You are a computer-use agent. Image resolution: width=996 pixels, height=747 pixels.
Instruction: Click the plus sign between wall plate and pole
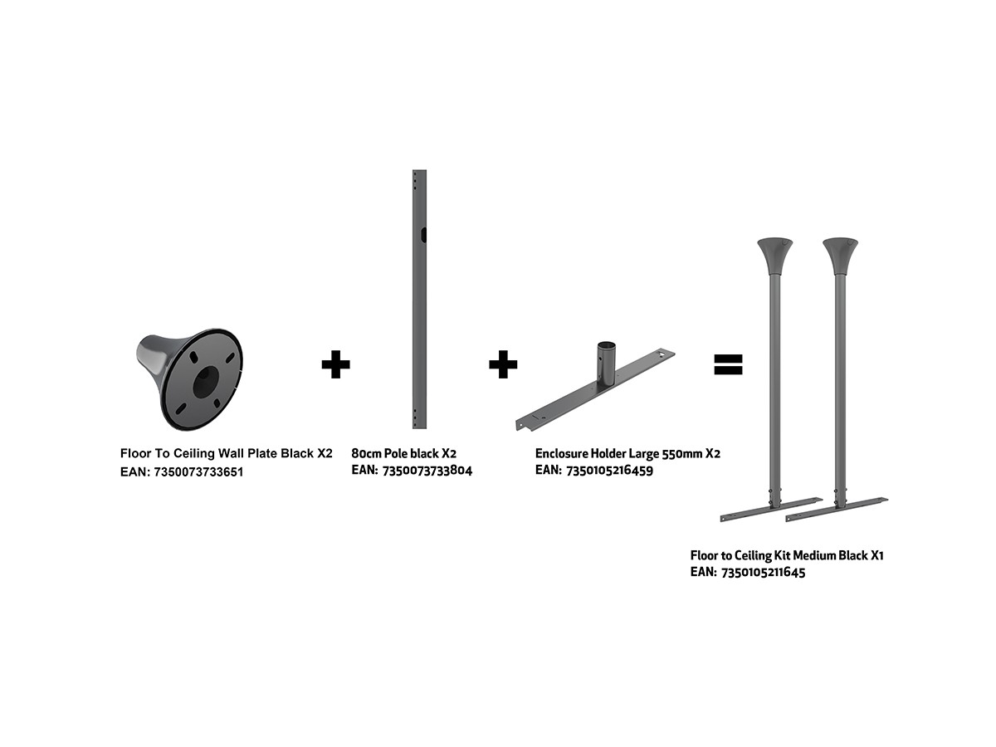tap(335, 364)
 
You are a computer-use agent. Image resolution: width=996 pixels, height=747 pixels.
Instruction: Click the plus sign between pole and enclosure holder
tap(503, 364)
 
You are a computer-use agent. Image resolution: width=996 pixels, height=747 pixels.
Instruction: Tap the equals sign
tap(728, 364)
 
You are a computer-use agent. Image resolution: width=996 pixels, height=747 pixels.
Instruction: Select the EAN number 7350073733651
tap(198, 472)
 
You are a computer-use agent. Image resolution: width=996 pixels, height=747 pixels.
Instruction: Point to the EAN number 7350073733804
tap(427, 471)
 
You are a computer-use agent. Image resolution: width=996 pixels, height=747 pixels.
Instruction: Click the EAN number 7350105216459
tap(610, 471)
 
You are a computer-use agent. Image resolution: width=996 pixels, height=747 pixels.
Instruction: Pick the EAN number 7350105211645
tap(764, 573)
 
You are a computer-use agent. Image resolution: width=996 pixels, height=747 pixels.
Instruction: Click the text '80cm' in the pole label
tap(366, 453)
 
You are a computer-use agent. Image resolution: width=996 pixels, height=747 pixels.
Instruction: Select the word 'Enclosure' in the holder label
tap(561, 453)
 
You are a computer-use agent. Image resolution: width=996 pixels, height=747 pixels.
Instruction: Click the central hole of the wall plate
tap(206, 383)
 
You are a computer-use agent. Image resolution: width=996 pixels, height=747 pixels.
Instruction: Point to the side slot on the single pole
tap(423, 235)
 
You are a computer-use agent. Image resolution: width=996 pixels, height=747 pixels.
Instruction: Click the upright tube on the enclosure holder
tap(606, 363)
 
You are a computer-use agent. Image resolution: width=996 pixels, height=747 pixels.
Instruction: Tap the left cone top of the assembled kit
tap(774, 256)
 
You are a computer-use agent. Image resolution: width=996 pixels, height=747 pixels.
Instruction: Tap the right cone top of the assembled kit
tap(840, 256)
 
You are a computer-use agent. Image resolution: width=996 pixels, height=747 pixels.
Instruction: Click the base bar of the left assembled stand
tap(771, 510)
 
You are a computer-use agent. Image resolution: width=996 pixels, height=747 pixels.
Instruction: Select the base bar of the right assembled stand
tap(837, 510)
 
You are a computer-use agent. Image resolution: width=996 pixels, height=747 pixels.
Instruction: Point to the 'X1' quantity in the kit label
tap(877, 555)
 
